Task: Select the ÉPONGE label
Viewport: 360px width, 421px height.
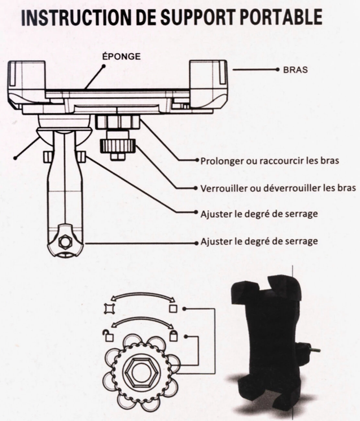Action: click(121, 56)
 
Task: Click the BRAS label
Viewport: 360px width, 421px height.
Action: click(295, 70)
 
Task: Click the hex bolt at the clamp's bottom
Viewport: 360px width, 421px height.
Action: click(65, 242)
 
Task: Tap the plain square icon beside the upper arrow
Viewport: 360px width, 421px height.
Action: click(173, 308)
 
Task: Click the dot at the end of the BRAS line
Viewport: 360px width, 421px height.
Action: click(277, 70)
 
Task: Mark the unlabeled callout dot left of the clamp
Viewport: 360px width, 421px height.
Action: click(14, 158)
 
